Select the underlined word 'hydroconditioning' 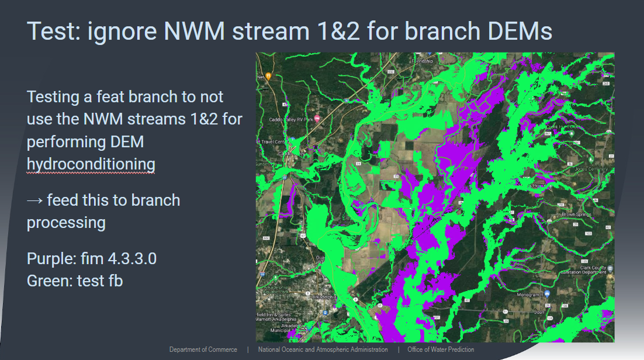coord(91,164)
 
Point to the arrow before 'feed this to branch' coord(35,200)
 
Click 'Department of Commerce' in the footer coord(203,349)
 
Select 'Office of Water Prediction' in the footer coord(441,349)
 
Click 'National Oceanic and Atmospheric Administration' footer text coord(323,349)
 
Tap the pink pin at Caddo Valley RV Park coord(317,119)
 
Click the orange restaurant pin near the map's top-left coord(268,76)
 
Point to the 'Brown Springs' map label coord(576,214)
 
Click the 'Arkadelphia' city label coord(325,297)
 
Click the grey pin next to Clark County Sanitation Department coord(609,268)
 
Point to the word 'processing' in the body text coord(66,223)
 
